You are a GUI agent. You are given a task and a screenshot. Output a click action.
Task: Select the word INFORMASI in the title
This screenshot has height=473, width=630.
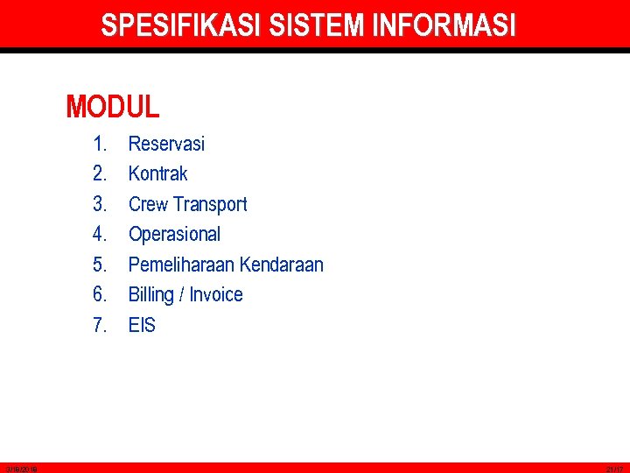[x=444, y=25]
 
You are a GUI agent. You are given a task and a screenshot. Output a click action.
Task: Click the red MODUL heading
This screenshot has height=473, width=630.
[x=113, y=107]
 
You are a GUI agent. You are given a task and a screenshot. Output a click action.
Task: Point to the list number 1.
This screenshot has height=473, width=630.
[x=100, y=144]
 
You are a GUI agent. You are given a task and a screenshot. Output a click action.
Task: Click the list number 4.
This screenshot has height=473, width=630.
[x=100, y=234]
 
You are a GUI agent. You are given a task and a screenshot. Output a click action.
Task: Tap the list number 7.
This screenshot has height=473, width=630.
[x=100, y=325]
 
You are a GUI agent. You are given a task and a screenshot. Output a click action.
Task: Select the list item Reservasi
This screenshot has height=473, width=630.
[x=166, y=144]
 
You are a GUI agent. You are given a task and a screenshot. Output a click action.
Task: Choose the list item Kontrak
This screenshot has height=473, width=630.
[x=157, y=173]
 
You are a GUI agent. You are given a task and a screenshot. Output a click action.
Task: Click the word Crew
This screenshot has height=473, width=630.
[x=148, y=204]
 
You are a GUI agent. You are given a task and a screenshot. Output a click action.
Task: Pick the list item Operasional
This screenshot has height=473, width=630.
[x=174, y=234]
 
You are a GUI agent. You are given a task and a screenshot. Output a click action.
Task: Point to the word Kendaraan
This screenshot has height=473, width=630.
[x=281, y=265]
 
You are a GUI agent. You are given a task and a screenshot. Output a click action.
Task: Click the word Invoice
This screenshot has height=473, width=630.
[x=215, y=294]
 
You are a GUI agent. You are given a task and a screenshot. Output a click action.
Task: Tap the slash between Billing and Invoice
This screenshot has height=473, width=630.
[x=180, y=294]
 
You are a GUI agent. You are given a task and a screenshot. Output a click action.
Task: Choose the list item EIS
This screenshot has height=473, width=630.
[x=142, y=325]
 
